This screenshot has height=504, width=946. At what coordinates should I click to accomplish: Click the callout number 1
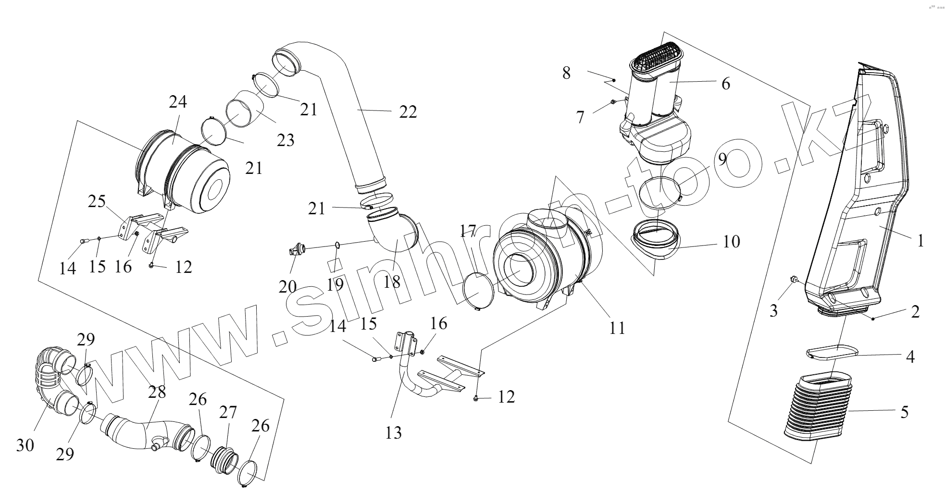tap(921, 240)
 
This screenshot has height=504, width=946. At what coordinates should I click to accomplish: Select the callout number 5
tap(904, 412)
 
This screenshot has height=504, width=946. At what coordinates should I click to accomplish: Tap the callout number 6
tap(725, 84)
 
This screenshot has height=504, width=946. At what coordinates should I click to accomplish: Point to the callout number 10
tap(731, 241)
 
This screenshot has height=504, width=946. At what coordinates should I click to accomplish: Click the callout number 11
tap(617, 328)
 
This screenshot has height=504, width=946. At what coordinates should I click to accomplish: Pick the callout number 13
tap(393, 432)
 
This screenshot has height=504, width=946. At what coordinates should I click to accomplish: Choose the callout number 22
tap(408, 111)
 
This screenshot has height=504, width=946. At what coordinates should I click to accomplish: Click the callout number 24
tap(178, 102)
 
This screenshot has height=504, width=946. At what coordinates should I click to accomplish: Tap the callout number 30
tap(25, 445)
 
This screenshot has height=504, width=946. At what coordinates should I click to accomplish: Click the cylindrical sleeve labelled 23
tap(245, 111)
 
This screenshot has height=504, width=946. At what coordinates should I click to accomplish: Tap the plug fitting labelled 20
tap(296, 249)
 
